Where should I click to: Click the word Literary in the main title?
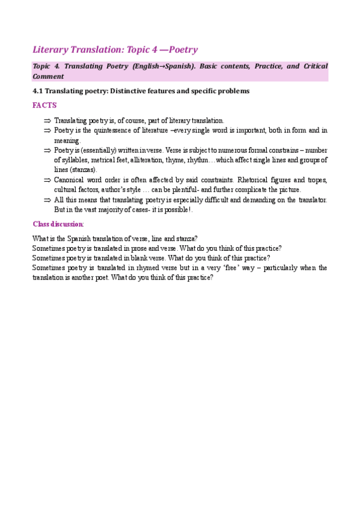51,49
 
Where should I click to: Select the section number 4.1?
38,91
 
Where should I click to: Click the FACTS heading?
44,105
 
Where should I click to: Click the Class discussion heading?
58,224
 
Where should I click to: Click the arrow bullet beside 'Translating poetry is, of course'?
46,120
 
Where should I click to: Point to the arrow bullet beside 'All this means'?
46,200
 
